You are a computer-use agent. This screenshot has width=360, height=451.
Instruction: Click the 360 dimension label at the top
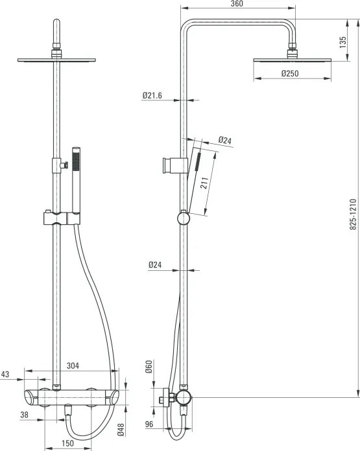tap(237, 4)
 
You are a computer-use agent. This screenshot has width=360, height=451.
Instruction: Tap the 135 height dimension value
tap(342, 42)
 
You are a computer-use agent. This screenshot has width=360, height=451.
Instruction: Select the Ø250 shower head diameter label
tap(290, 73)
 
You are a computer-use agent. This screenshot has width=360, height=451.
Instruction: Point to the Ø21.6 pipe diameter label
tap(152, 95)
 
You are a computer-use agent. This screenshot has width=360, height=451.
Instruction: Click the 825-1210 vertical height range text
tap(353, 214)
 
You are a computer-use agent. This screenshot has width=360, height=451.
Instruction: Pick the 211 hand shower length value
tap(204, 183)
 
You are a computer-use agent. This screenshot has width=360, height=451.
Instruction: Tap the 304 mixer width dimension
tap(73, 365)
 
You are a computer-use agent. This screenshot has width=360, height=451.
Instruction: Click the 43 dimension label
tap(5, 374)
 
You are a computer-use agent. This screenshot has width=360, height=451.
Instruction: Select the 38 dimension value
tap(24, 415)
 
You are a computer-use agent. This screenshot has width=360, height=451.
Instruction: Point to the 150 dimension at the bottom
tap(67, 443)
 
